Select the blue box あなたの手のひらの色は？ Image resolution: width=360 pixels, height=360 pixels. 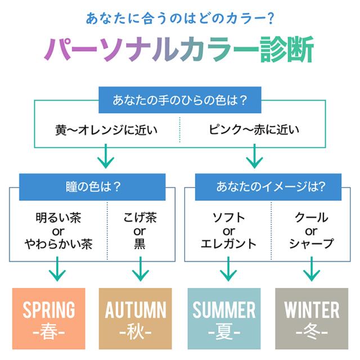point(179,101)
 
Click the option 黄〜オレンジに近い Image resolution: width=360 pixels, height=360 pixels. point(106,130)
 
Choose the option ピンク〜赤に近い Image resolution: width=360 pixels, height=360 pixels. point(254,130)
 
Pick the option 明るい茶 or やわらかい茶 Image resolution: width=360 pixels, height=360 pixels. point(58,231)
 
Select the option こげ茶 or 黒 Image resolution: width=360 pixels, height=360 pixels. point(139,231)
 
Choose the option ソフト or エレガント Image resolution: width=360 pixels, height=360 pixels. point(228,231)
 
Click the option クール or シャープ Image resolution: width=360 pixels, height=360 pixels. point(311,231)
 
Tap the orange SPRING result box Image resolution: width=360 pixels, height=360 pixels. point(49,318)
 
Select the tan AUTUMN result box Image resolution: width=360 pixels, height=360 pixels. point(136,318)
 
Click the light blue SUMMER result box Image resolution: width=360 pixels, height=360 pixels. point(224,318)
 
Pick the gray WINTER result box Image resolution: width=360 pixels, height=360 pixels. point(312,318)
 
